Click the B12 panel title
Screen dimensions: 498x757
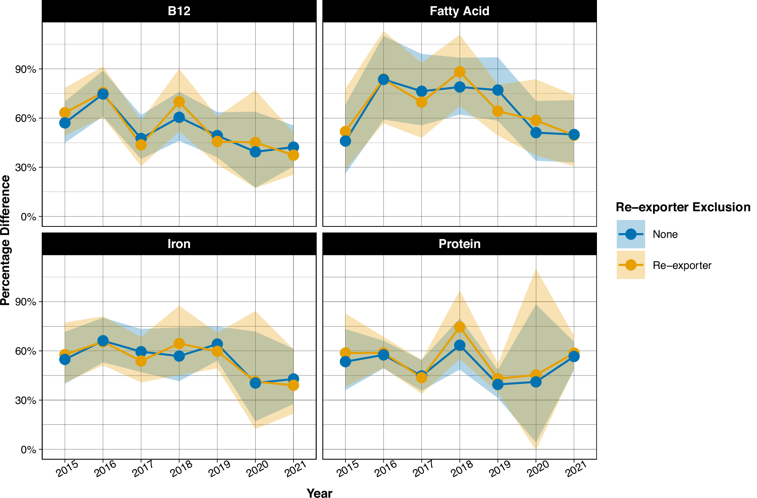click(x=179, y=11)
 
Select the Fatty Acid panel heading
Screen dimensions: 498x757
click(x=459, y=11)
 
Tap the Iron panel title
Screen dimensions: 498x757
click(x=179, y=244)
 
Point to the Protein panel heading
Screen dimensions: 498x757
click(x=459, y=244)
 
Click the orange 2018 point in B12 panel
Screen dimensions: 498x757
click(x=179, y=102)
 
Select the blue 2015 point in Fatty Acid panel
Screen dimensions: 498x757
click(x=346, y=141)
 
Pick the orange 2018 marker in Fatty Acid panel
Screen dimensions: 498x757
click(x=460, y=72)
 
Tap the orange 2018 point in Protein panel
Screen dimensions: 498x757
click(x=460, y=327)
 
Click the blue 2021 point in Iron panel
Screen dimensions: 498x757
click(x=293, y=379)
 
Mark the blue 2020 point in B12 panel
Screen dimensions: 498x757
click(x=255, y=152)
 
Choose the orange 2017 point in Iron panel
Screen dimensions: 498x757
click(x=141, y=361)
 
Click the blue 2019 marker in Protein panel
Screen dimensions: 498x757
click(x=498, y=385)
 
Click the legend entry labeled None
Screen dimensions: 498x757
click(x=665, y=234)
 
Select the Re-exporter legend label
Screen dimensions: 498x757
click(x=682, y=265)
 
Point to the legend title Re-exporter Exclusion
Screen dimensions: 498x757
click(x=683, y=207)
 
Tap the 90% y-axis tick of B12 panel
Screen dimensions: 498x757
click(x=26, y=69)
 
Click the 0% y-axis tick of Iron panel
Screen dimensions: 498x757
click(x=29, y=450)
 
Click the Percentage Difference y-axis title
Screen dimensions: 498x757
click(x=5, y=240)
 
